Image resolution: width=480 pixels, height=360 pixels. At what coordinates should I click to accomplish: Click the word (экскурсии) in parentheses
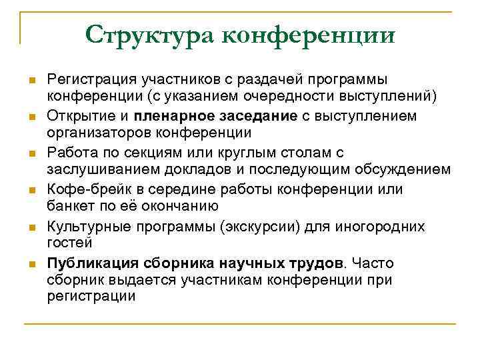coord(267,227)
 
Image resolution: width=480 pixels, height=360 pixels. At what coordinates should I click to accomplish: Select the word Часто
coord(376,263)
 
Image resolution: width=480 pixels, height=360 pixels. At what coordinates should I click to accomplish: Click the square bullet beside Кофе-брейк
coord(31,191)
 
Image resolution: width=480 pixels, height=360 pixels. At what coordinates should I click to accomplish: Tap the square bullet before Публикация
coord(31,264)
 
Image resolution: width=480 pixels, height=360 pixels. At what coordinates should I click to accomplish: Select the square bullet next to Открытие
coord(31,117)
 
